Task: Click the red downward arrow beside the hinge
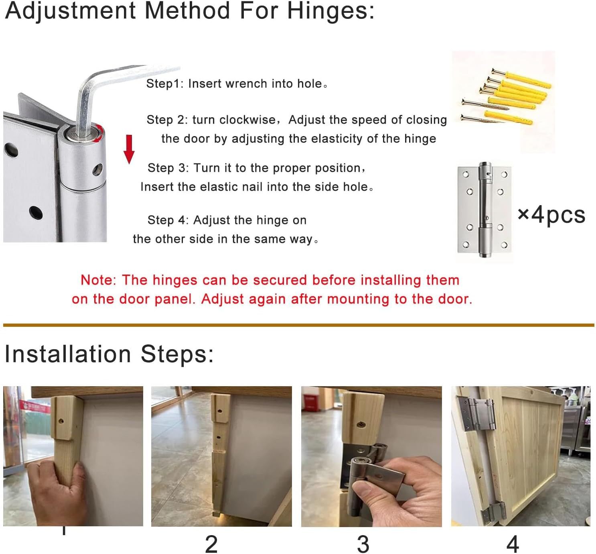click(x=129, y=149)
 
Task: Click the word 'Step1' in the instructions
click(x=164, y=84)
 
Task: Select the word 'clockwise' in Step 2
click(x=247, y=120)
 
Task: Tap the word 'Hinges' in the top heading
click(x=331, y=11)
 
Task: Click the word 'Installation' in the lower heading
click(x=68, y=354)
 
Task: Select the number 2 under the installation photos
click(x=211, y=544)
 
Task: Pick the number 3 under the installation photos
click(x=363, y=544)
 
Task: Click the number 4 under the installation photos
click(x=513, y=544)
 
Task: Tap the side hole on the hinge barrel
click(x=97, y=169)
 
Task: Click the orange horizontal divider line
click(x=298, y=325)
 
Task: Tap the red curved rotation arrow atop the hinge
click(x=100, y=133)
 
